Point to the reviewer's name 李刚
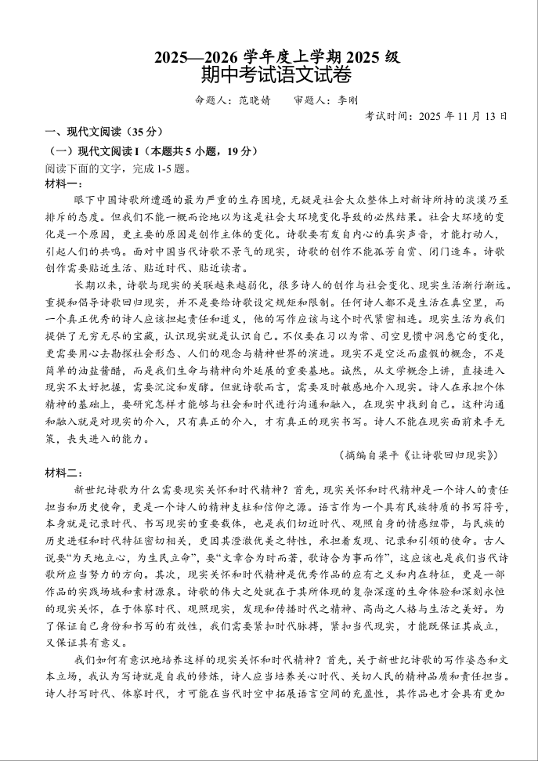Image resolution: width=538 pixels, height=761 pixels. click(347, 100)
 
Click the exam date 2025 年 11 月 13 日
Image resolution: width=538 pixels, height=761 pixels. click(463, 116)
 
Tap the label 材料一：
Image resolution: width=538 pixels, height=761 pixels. click(63, 183)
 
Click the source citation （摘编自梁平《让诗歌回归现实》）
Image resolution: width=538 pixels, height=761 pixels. click(419, 455)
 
